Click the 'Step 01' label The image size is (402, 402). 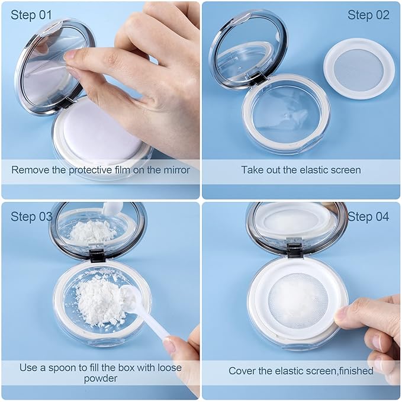(31, 15)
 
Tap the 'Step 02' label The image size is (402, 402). (368, 15)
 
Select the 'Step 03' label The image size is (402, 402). (31, 217)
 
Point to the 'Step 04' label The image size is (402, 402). (368, 217)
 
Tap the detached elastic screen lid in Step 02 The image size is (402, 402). (359, 69)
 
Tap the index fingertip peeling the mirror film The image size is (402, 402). (69, 56)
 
